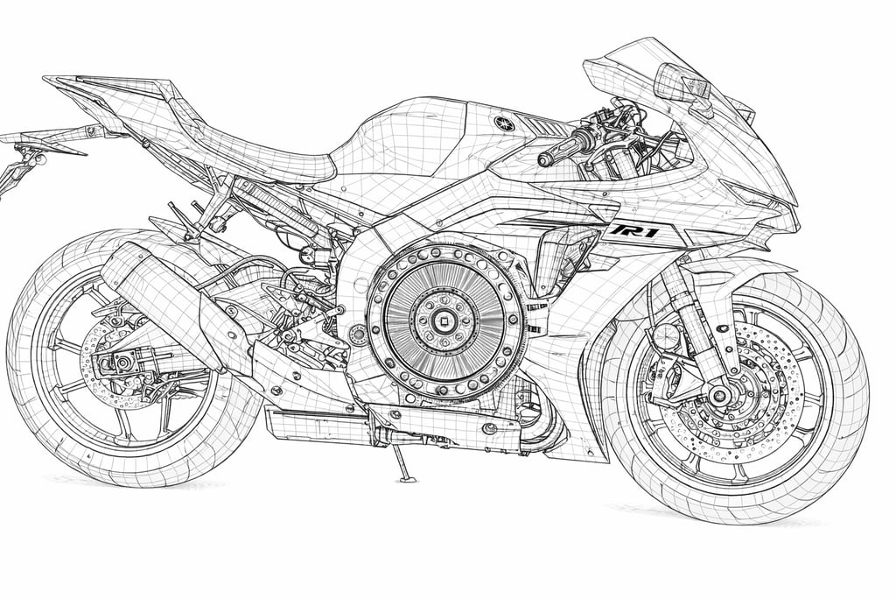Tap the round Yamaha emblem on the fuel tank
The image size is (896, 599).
click(503, 123)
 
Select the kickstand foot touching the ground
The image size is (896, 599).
click(406, 478)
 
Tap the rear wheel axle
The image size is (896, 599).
click(122, 361)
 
